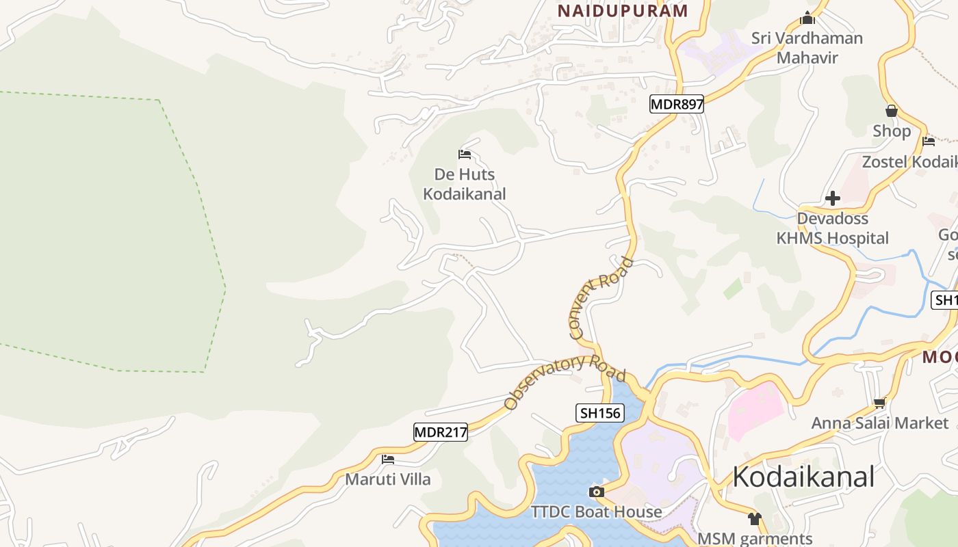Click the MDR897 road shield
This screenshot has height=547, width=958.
(676, 105)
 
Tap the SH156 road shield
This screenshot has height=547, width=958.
(600, 412)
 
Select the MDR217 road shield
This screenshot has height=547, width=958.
(441, 432)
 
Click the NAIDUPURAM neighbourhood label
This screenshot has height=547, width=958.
(623, 11)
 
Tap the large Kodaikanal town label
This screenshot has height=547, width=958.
(803, 477)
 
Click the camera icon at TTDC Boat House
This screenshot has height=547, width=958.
(597, 492)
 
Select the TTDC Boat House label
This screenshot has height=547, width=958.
(597, 511)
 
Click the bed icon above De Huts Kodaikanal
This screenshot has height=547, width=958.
(465, 155)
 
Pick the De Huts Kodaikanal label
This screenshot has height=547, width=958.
(465, 184)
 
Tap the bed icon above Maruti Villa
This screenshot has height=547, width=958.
(388, 459)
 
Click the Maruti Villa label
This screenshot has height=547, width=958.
(388, 479)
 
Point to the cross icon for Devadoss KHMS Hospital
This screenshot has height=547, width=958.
(833, 198)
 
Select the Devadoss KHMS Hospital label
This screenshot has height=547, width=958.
(833, 228)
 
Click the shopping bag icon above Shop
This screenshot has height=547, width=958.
(892, 111)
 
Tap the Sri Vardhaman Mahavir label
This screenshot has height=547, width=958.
(807, 48)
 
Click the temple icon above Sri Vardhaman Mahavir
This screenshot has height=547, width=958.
(807, 18)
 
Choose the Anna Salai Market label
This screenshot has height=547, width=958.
(880, 423)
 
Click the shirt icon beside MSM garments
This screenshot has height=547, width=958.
(754, 519)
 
